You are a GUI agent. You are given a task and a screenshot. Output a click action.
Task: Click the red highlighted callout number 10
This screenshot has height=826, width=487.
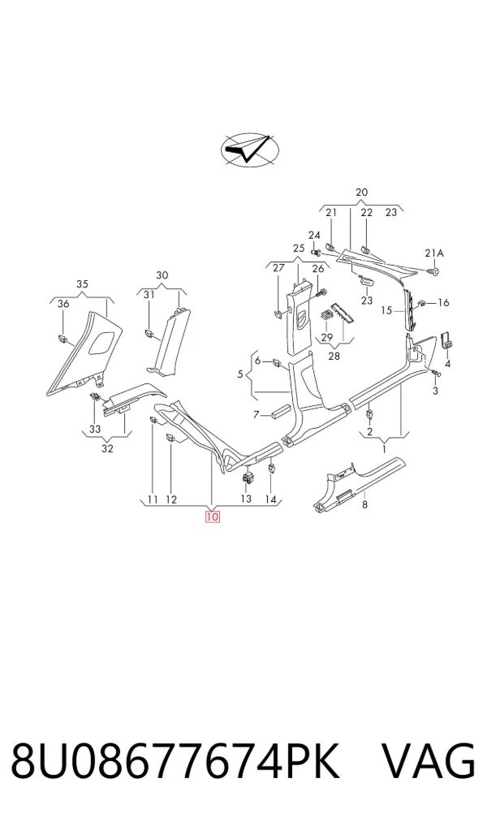point(212,517)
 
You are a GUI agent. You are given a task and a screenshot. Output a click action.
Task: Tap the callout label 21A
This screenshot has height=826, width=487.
point(434,253)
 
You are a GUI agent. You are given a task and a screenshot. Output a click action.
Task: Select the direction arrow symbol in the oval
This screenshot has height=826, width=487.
point(249,151)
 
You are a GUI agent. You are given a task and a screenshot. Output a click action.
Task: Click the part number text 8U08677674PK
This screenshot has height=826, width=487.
point(175,761)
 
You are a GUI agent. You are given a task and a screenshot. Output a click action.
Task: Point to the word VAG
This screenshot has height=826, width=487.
point(428,761)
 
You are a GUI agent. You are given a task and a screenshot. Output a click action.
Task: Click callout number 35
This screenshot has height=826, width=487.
point(82,284)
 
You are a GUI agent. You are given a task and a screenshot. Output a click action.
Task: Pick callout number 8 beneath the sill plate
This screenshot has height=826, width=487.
point(365,505)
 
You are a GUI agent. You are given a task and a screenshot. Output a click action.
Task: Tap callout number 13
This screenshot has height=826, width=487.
point(246,499)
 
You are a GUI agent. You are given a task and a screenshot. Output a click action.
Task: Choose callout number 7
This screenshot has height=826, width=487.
point(256,415)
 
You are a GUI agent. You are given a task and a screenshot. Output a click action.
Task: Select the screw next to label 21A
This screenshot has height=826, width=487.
point(435,271)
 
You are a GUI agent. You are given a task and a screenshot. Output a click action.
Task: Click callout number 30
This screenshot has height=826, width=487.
point(162,275)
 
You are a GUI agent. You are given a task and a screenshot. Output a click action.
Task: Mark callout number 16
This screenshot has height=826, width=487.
point(443,302)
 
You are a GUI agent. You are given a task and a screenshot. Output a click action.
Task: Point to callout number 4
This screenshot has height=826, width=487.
point(447,364)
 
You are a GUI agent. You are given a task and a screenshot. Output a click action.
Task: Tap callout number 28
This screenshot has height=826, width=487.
point(334,356)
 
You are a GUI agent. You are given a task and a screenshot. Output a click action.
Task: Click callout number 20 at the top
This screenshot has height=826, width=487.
point(362,192)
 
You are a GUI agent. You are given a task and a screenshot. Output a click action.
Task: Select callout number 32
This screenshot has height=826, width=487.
point(107,448)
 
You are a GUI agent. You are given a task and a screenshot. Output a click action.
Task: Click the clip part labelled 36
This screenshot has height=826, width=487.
point(62,338)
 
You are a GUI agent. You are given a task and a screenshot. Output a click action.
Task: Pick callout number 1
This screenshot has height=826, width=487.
point(384,449)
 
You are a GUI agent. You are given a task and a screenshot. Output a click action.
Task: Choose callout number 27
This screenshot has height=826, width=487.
point(278,268)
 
